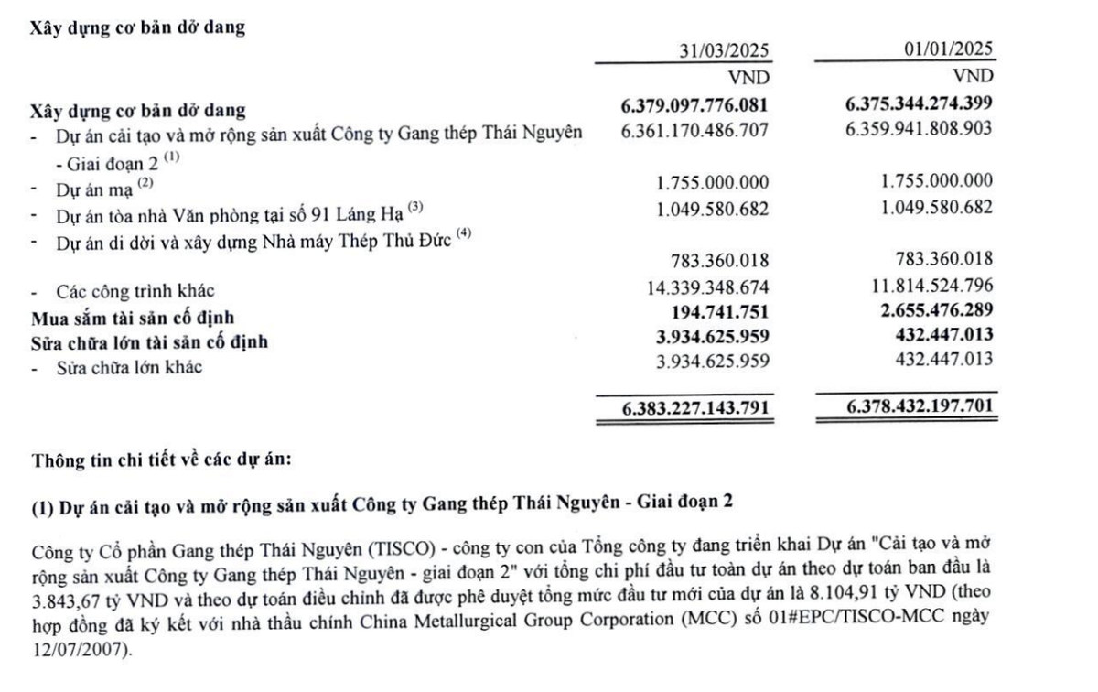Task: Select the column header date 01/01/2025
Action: point(947,50)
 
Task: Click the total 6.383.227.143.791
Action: point(694,406)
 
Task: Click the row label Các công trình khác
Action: point(135,291)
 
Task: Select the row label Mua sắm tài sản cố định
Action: point(134,318)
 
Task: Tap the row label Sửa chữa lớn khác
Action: point(129,368)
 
